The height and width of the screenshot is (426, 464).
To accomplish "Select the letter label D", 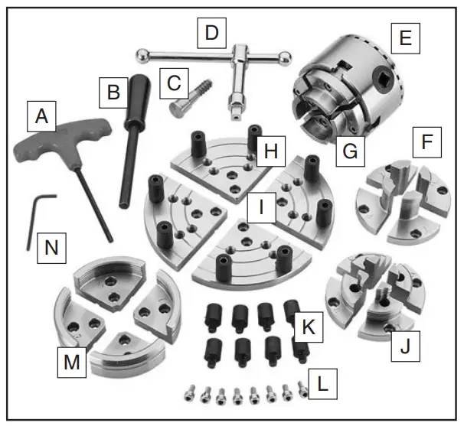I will pyautogui.click(x=211, y=33).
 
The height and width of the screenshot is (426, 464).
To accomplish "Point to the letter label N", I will pyautogui.click(x=51, y=247).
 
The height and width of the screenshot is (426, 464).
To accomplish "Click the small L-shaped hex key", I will pyautogui.click(x=34, y=218).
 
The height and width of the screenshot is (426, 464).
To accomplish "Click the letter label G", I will pyautogui.click(x=349, y=151).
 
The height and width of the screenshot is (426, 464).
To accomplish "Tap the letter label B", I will pyautogui.click(x=113, y=94).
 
